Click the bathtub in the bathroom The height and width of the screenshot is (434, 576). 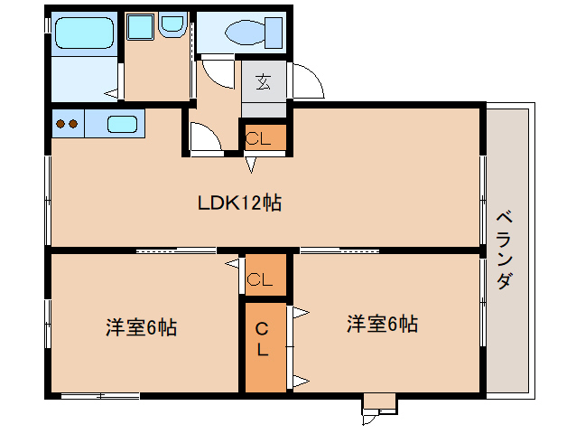coord(84,33)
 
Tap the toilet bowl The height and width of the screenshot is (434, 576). coord(245,33)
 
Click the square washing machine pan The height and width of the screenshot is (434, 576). coord(140,27)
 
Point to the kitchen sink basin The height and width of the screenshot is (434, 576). coord(122,124)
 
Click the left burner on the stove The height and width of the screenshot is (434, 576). coord(60,124)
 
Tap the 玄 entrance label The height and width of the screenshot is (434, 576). coord(264,81)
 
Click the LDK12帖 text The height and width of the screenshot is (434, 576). coord(239,203)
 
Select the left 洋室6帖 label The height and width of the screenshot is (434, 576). coord(141,327)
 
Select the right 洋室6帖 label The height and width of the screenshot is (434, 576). coord(382,324)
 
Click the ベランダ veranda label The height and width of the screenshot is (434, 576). coord(505,250)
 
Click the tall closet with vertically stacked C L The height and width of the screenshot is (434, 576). coord(265,347)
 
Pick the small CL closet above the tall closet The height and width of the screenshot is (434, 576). coord(265,275)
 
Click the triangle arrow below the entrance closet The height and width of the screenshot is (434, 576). coord(251,165)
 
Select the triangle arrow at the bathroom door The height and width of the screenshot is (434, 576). coord(112,93)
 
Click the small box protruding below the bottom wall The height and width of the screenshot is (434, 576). coord(379,403)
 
